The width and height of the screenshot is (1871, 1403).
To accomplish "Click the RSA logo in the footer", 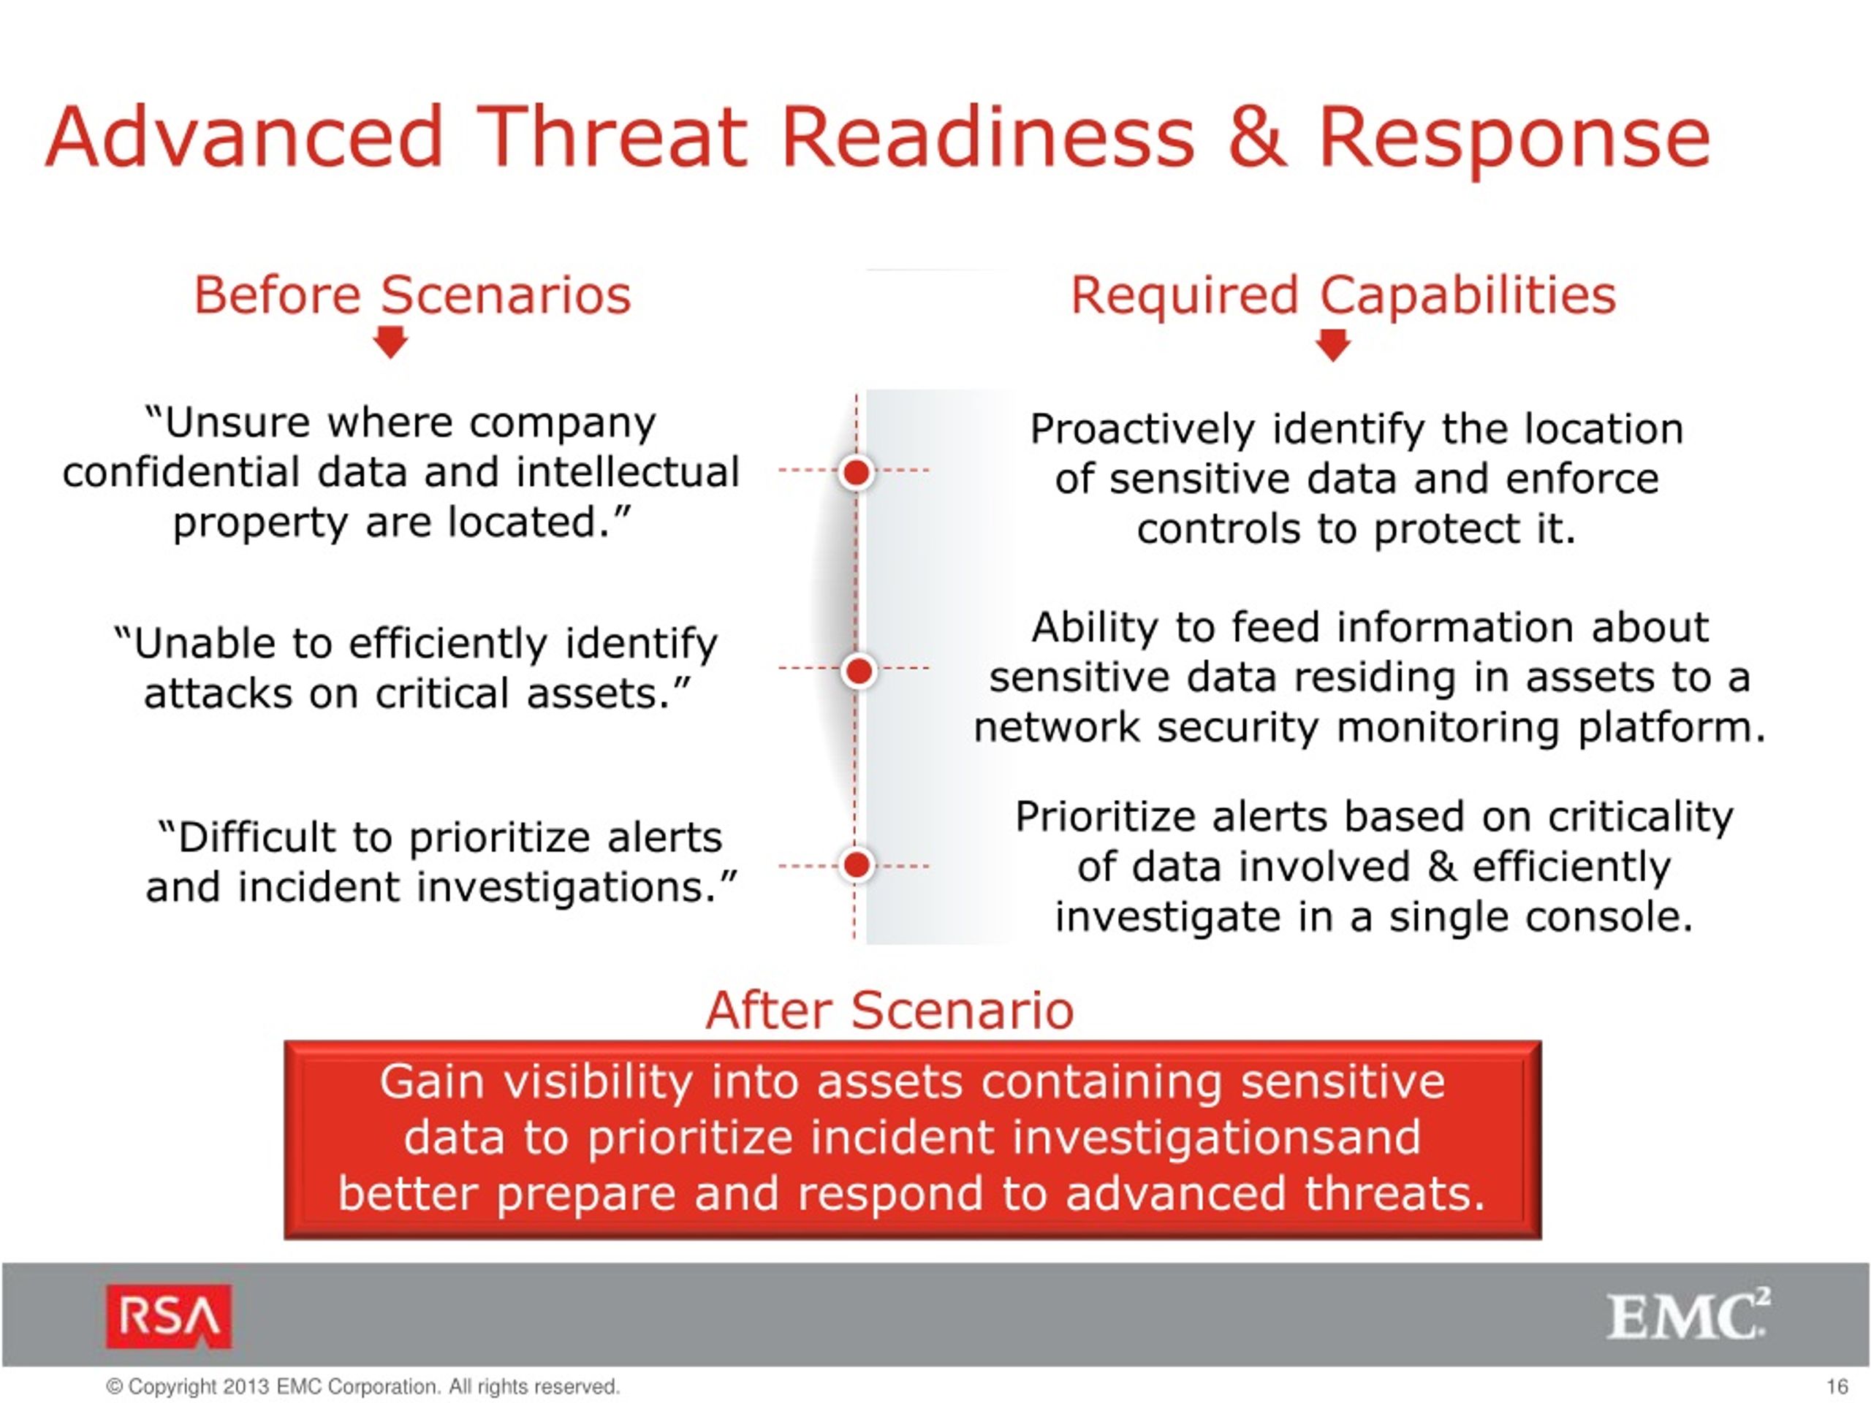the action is click(168, 1316).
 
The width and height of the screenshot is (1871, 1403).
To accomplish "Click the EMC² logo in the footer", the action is click(1688, 1315).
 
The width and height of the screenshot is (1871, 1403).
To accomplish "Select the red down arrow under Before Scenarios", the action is click(391, 343).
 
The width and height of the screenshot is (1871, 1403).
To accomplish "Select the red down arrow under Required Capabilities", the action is click(1334, 345).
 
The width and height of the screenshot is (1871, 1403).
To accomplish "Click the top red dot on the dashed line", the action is click(857, 472).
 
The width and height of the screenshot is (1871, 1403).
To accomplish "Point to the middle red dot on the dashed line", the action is click(859, 671).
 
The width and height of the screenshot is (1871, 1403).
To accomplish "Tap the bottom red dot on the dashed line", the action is click(857, 864).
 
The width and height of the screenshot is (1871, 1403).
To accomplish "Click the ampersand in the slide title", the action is click(1257, 137).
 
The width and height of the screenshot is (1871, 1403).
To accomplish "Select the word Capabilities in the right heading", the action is click(1468, 297).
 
